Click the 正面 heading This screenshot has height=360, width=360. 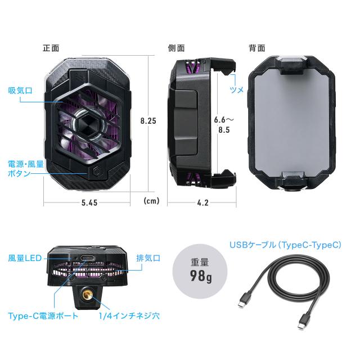coord(51,48)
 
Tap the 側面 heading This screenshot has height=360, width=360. coord(176,48)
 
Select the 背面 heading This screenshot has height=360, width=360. coord(257,48)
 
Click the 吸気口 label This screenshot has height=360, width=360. coord(19,91)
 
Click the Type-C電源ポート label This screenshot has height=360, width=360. coord(43,316)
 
